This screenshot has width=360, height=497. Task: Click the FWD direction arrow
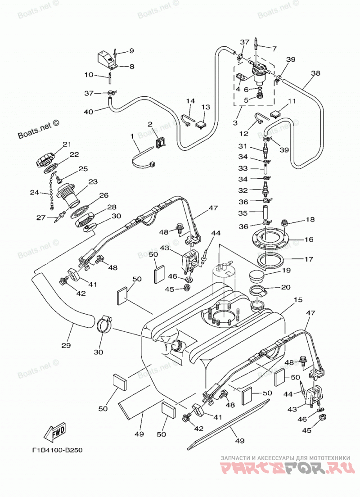55,431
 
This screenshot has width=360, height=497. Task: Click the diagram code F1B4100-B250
57,450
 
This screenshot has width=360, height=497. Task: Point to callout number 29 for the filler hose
66,345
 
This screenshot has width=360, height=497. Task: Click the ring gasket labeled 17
270,261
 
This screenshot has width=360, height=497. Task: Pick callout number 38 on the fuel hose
315,73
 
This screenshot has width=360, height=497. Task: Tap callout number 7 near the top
274,49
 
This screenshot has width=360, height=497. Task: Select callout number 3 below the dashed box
235,122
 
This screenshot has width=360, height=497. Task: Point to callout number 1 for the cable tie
132,136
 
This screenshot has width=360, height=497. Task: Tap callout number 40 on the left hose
88,112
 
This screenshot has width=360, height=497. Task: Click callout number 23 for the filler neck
93,182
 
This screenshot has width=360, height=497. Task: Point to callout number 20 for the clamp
286,287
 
